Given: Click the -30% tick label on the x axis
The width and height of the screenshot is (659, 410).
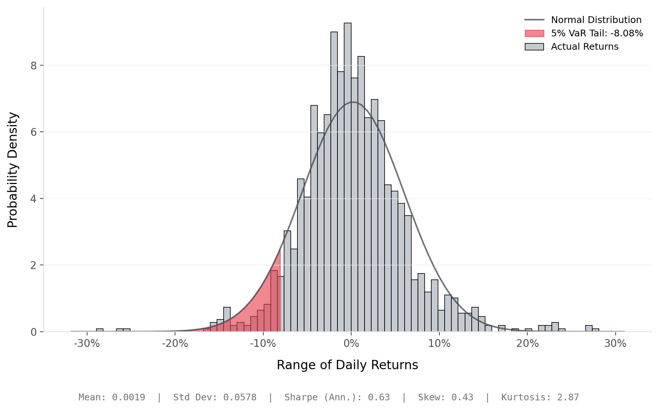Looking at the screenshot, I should pyautogui.click(x=87, y=344).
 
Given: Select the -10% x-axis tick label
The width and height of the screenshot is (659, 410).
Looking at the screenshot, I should pyautogui.click(x=263, y=344).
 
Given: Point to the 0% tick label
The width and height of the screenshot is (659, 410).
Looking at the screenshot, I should pyautogui.click(x=351, y=344).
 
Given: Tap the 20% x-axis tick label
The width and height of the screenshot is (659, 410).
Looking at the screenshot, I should pyautogui.click(x=527, y=344).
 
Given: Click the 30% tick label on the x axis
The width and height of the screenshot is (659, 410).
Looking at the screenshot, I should pyautogui.click(x=615, y=344).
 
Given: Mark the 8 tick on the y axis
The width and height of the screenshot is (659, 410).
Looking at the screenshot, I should pyautogui.click(x=34, y=66).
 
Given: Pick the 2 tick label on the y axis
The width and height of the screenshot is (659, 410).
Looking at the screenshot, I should pyautogui.click(x=34, y=265).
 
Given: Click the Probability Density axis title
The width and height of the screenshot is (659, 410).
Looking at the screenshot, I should pyautogui.click(x=13, y=170).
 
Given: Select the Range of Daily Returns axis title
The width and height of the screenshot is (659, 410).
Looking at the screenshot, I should pyautogui.click(x=347, y=365).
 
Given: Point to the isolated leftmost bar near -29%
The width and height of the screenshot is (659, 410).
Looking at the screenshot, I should pyautogui.click(x=100, y=330).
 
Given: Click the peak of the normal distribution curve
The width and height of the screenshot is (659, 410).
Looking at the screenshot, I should pyautogui.click(x=353, y=102).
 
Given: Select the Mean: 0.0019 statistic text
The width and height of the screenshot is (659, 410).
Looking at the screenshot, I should pyautogui.click(x=112, y=397).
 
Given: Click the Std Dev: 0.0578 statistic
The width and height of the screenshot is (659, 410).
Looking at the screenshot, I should pyautogui.click(x=215, y=397).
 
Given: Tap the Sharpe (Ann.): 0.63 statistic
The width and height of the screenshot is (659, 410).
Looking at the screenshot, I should pyautogui.click(x=337, y=397).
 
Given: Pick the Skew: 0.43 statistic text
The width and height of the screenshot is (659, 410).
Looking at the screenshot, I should pyautogui.click(x=445, y=397).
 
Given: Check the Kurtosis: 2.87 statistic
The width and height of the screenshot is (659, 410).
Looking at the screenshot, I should pyautogui.click(x=540, y=397).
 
